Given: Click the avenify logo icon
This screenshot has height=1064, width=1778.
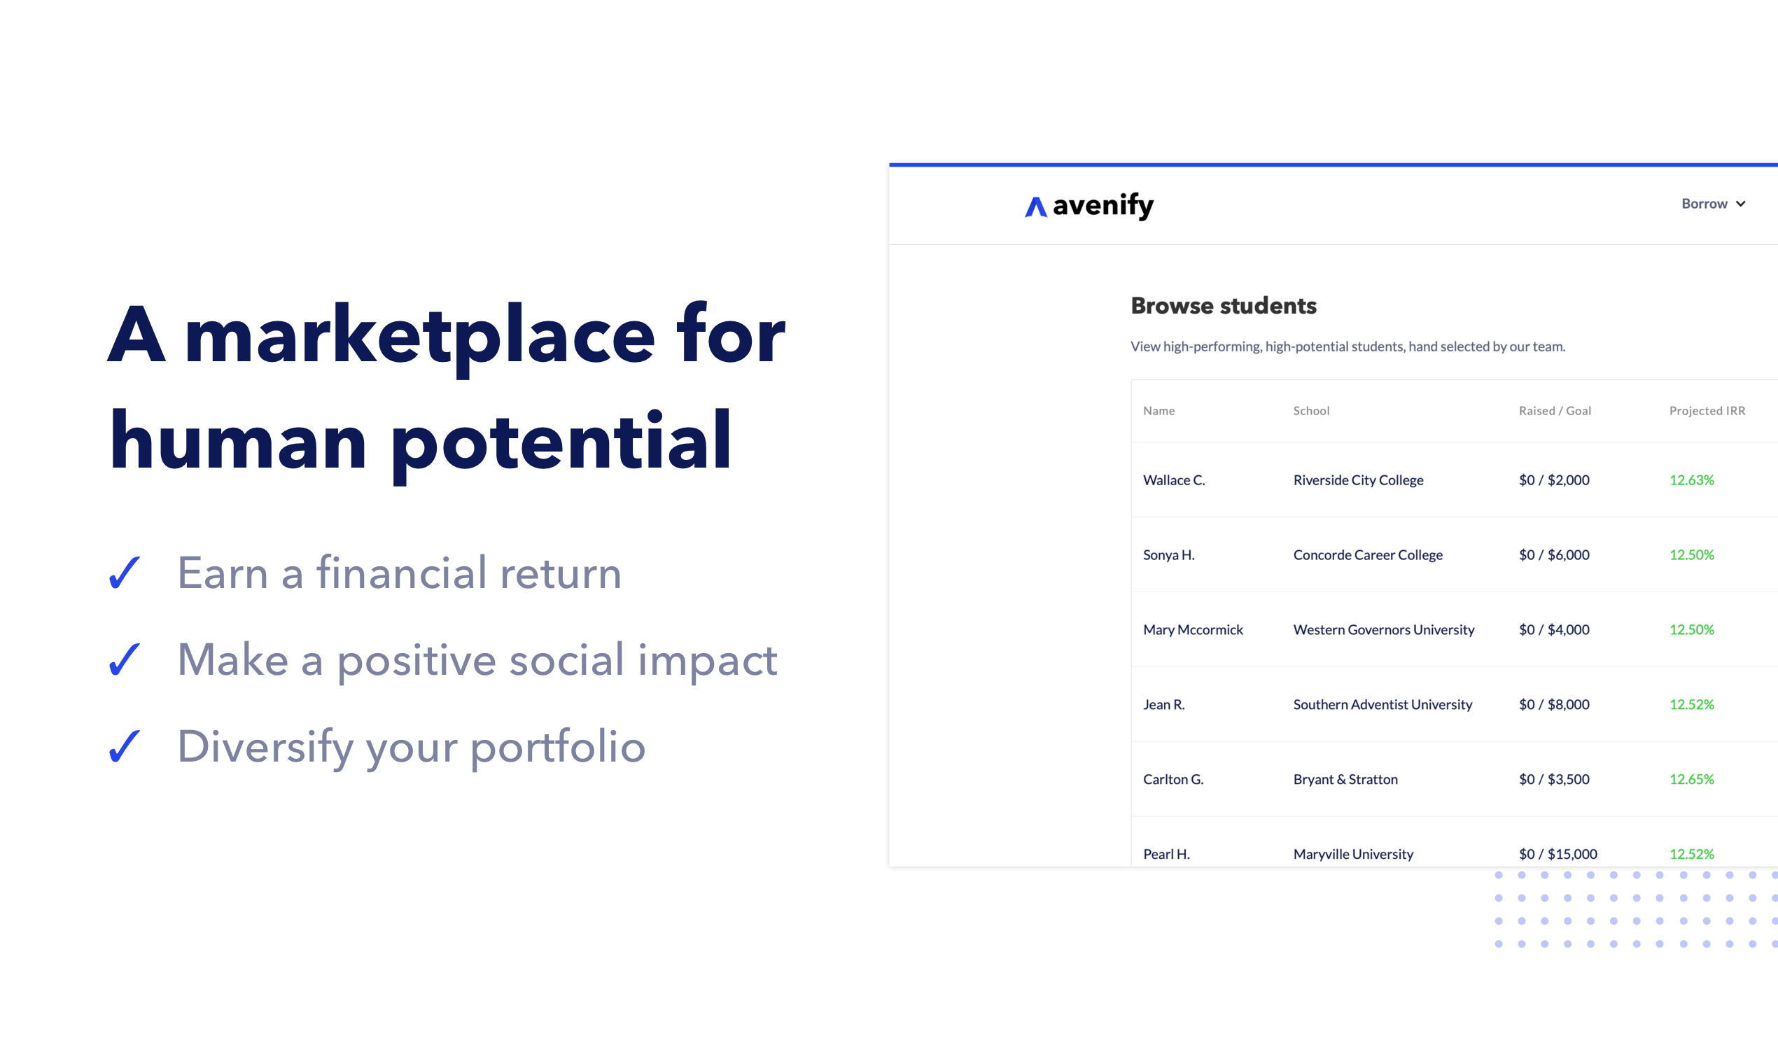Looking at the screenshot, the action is coord(1036,206).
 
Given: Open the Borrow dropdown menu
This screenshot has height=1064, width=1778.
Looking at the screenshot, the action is coord(1713,204).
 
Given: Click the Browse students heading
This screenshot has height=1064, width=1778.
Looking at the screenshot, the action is coord(1223,305).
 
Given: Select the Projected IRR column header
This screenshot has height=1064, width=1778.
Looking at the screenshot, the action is coord(1707,411).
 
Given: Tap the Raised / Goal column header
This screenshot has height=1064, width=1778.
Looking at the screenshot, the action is coord(1554,411).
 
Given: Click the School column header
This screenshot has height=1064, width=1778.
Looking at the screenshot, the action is coord(1311,411).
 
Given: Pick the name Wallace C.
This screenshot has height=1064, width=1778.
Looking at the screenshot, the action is coord(1174,479).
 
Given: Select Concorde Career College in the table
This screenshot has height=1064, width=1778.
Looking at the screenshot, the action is coord(1367,555).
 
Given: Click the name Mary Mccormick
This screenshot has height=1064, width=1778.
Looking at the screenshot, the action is coord(1193,629).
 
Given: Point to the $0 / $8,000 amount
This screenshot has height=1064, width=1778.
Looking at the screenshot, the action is coord(1553,704).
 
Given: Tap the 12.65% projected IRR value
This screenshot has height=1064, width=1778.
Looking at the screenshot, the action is coord(1691,778).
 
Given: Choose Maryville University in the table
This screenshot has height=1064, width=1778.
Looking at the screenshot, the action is coord(1353,854).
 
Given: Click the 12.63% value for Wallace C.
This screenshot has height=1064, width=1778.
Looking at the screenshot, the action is coord(1691,479).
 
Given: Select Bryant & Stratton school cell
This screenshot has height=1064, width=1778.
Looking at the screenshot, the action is coord(1345,779).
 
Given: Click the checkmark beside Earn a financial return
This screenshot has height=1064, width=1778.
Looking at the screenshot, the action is coord(124,573).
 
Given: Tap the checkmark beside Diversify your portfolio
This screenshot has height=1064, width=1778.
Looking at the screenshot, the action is coord(124,746).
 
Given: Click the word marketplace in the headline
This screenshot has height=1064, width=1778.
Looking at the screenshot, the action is coord(419,337).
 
